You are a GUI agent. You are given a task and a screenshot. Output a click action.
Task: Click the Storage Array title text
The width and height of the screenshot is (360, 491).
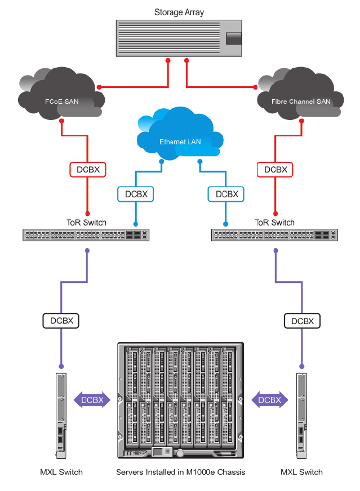click(x=179, y=12)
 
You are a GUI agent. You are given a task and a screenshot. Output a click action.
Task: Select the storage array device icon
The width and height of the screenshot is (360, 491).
click(x=179, y=38)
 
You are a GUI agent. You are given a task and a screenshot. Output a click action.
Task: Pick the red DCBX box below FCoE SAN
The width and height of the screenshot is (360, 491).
click(x=87, y=169)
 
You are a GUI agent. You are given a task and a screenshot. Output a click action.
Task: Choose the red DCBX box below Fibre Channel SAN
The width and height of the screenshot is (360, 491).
click(x=275, y=169)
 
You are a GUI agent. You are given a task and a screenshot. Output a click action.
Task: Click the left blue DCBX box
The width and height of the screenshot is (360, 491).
click(x=136, y=194)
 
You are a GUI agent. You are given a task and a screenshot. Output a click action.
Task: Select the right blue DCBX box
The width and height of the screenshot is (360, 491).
click(x=226, y=194)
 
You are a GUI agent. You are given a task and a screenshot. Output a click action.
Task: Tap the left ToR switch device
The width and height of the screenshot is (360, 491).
click(x=86, y=235)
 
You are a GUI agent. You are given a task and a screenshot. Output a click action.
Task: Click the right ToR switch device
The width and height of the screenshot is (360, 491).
click(x=275, y=235)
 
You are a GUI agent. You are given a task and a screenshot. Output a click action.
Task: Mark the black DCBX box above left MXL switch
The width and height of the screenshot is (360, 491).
click(x=60, y=321)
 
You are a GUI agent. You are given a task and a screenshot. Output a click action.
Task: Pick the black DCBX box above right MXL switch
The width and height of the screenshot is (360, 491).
click(x=303, y=321)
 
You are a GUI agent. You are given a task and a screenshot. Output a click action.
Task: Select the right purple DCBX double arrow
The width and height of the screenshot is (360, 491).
click(x=269, y=400)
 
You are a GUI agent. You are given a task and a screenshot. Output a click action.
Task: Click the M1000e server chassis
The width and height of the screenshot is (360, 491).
click(x=180, y=400)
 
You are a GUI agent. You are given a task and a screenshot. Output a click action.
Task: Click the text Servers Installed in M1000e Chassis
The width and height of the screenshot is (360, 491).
click(x=180, y=472)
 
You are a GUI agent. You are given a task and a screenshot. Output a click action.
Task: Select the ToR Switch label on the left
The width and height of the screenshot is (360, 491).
click(x=86, y=223)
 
